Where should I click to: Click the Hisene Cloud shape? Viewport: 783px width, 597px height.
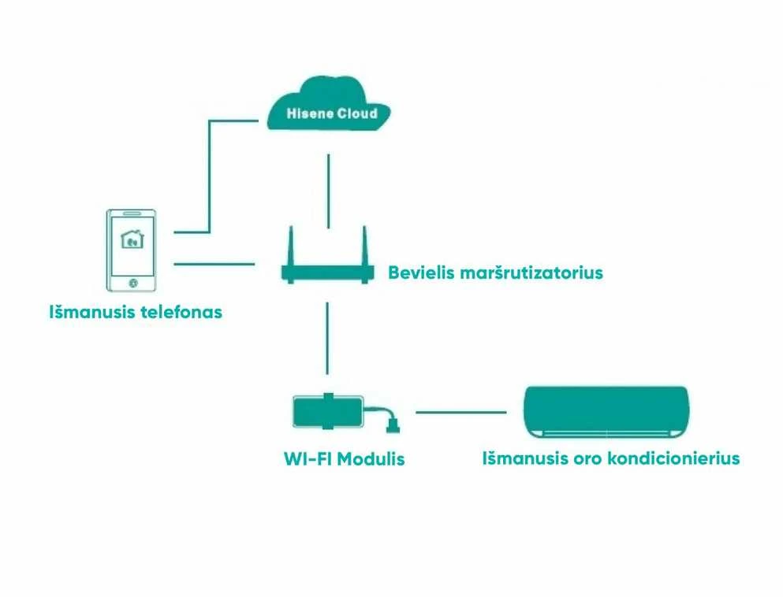329,104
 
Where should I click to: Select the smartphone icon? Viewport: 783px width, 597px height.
132,250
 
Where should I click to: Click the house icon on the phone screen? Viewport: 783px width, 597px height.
132,239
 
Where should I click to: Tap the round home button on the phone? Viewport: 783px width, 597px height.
132,283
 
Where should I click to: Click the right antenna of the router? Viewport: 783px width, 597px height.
364,246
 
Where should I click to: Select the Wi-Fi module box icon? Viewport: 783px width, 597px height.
328,411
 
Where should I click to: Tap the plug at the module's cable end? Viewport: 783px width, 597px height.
393,425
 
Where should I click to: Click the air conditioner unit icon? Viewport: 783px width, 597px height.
606,412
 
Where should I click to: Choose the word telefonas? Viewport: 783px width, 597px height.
181,312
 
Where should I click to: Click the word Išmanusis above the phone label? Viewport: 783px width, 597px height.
92,312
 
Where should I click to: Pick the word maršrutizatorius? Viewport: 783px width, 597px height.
531,273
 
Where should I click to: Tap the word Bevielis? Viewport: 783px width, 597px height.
421,273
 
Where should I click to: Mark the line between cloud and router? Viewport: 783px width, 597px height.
328,191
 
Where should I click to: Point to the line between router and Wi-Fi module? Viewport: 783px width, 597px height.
327,338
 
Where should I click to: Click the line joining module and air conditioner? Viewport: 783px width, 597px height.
461,413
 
